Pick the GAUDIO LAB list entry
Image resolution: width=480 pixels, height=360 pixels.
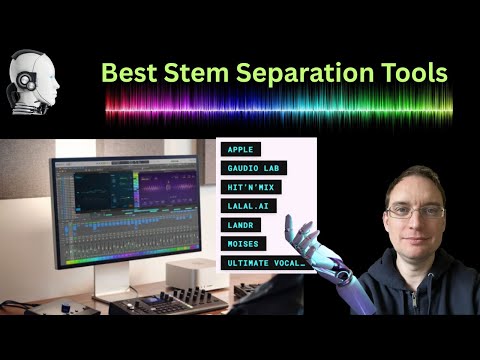252,168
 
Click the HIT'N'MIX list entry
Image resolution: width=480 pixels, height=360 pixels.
253,187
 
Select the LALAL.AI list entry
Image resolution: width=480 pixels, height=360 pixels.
250,206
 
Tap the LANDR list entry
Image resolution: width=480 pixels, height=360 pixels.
242,225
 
